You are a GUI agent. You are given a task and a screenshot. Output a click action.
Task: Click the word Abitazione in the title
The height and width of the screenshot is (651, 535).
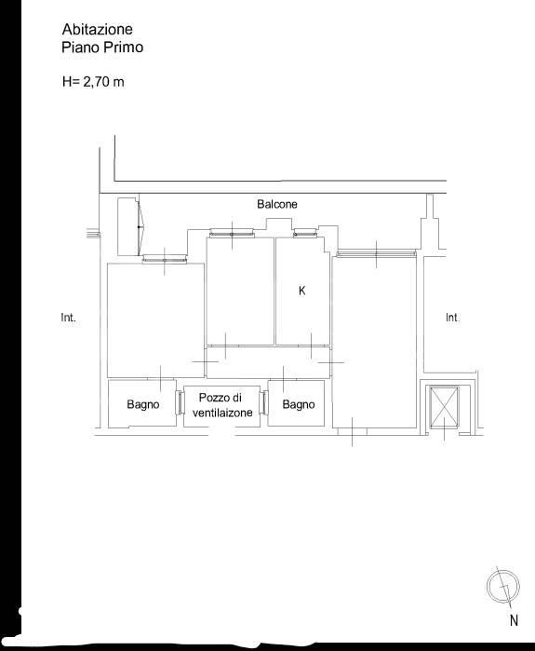(x=98, y=29)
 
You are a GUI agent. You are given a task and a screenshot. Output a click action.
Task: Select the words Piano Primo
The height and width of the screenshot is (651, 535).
(x=102, y=47)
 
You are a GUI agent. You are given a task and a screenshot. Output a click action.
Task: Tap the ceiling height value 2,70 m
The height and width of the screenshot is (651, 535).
(x=103, y=82)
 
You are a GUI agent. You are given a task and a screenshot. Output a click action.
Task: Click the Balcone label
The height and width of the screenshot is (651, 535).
(x=277, y=204)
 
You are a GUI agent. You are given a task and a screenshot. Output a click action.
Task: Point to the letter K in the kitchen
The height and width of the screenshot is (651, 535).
(x=301, y=291)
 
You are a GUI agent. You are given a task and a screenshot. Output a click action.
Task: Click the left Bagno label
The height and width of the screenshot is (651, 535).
(x=143, y=404)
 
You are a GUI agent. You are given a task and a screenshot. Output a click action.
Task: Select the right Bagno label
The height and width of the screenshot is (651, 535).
(x=299, y=404)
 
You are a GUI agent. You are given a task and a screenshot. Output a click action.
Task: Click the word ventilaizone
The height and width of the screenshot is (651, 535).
(x=222, y=413)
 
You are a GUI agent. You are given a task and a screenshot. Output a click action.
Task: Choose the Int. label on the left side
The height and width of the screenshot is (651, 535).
(x=69, y=318)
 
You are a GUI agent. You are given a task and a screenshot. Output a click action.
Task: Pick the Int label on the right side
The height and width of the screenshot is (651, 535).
(x=451, y=318)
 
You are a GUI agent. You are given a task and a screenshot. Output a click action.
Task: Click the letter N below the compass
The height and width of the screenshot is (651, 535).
(x=514, y=620)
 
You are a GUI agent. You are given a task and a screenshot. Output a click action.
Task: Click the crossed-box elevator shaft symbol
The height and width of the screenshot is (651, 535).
(x=444, y=407)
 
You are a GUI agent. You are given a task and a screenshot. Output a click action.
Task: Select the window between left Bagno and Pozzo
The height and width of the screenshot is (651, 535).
(x=180, y=402)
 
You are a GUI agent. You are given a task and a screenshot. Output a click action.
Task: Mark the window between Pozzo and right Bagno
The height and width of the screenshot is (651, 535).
(x=263, y=402)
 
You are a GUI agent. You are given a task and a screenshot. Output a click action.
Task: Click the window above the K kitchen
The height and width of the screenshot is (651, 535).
(x=305, y=234)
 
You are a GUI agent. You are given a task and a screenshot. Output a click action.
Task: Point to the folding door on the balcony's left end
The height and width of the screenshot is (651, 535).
(x=140, y=227)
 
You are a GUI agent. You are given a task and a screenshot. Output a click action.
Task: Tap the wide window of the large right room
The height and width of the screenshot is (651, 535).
(x=376, y=252)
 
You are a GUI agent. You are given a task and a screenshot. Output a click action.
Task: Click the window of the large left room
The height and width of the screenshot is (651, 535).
(x=165, y=260)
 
